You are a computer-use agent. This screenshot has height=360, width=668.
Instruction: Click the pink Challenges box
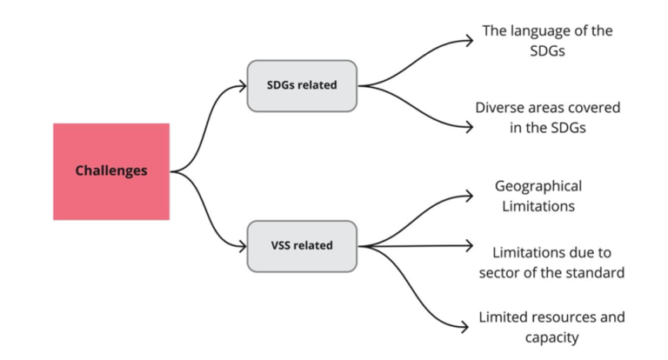tap(111, 171)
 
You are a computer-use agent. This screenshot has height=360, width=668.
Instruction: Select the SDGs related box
tap(302, 85)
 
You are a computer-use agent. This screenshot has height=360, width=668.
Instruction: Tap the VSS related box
tap(302, 245)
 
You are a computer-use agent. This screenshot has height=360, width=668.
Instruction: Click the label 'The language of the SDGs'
tap(548, 40)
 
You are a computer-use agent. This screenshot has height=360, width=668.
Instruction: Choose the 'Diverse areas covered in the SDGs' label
tap(548, 117)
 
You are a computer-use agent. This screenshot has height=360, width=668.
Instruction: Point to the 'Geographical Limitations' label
tap(538, 197)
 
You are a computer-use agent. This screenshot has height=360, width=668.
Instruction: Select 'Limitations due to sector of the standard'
tap(551, 263)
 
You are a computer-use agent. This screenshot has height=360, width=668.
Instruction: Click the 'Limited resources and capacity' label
tap(551, 327)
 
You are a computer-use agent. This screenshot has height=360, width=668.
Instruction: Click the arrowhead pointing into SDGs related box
tap(243, 85)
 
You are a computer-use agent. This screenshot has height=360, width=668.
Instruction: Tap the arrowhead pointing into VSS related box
tap(243, 246)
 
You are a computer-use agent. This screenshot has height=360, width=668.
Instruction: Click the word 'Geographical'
tap(538, 186)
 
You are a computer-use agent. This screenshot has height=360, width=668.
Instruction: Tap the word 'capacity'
tap(551, 337)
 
